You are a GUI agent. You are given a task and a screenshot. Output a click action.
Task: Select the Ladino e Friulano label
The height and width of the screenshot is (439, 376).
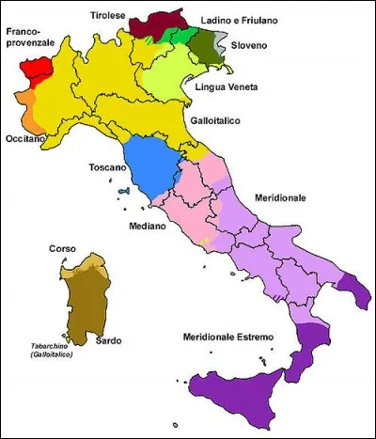point(243,20)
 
